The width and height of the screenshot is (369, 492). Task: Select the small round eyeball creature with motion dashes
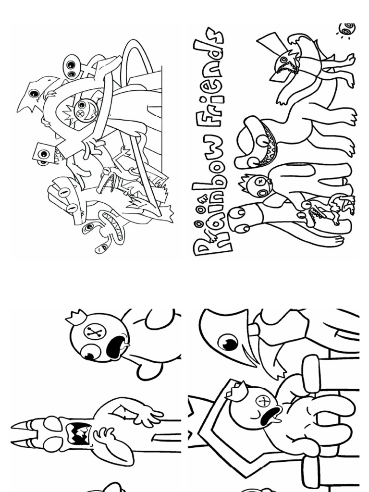pos(347,30)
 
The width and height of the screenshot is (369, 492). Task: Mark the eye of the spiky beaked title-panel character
pos(284,59)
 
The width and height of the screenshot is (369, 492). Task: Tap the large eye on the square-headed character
pos(44,154)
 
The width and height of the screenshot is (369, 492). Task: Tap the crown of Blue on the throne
pos(237,391)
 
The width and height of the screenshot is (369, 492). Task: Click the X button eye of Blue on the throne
pos(264,401)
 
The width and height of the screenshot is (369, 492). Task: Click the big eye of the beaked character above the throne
pos(228,342)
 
